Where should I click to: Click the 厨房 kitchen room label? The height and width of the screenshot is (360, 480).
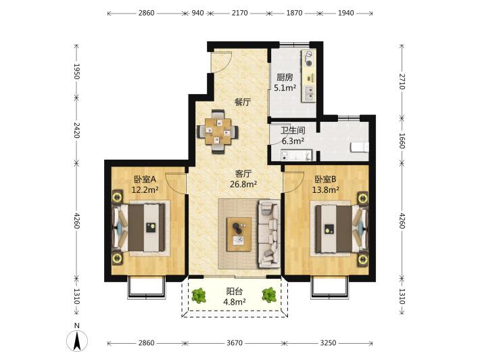coord(285,77)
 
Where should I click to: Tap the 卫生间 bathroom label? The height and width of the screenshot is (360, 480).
coord(293,131)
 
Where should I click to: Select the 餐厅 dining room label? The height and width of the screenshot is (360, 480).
coord(243,102)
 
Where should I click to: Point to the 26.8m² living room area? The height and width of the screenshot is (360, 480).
coord(243,184)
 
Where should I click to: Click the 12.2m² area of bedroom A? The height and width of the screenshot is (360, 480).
coord(145,190)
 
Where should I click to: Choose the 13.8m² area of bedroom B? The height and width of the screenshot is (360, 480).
coord(325,190)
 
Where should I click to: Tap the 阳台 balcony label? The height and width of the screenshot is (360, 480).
coord(234,291)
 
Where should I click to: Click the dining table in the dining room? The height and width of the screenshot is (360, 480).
coord(218,132)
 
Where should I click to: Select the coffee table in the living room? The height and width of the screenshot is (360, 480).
coord(239,234)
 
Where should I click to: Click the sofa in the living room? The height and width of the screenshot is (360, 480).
coord(269,233)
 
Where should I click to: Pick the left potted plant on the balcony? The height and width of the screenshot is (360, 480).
coord(199,295)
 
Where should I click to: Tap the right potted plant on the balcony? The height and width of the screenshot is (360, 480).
coord(269,295)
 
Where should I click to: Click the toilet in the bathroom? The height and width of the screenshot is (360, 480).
coord(360,147)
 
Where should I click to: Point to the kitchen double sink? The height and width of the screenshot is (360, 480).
coord(308,93)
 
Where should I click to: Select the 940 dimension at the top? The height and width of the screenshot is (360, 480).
coord(197,13)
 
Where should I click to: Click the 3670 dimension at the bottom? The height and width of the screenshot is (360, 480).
coord(235,343)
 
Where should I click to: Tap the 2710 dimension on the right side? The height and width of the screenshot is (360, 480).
coord(402,81)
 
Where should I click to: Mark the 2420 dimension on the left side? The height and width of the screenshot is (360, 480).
coord(76,131)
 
